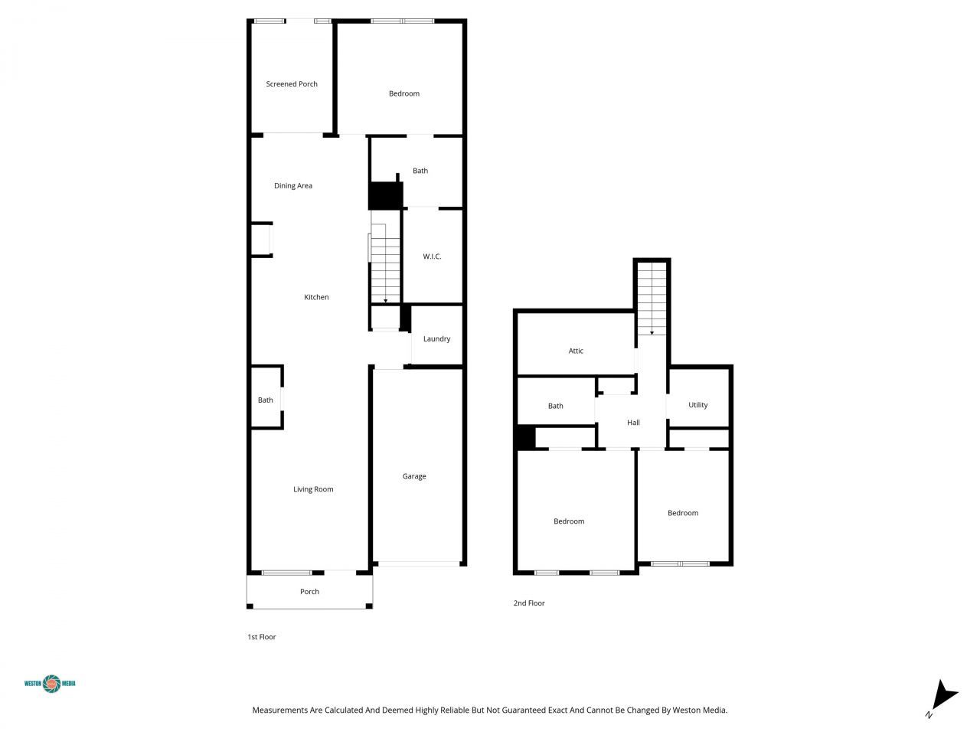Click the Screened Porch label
[292, 84]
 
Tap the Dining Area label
[293, 186]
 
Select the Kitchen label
[316, 297]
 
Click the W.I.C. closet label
[432, 256]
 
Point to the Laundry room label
[436, 339]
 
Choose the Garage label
[414, 476]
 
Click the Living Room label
[313, 489]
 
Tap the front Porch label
[309, 592]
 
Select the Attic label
[576, 351]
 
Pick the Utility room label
[697, 405]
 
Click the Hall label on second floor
[633, 423]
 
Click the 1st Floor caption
[261, 637]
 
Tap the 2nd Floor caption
[529, 603]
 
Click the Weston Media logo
[51, 684]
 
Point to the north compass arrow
[944, 695]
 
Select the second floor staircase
[652, 297]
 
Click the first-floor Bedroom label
[404, 94]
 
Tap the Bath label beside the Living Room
[265, 400]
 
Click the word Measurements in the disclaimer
[279, 710]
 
